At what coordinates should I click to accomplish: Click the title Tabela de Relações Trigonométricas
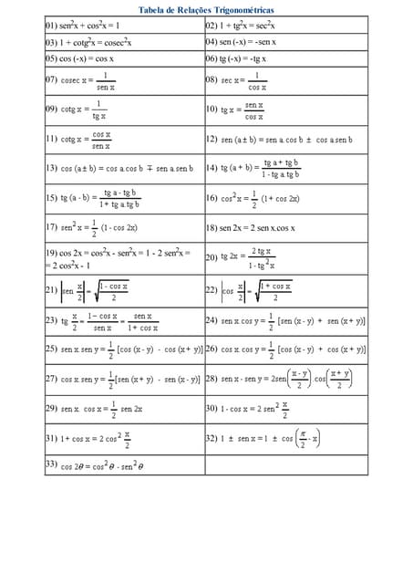point(205,9)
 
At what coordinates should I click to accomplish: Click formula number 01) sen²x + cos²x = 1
point(82,26)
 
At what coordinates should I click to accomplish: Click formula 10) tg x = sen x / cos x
point(239,110)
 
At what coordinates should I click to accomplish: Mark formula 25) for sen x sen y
point(124,349)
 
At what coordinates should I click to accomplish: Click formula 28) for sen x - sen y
point(287,378)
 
